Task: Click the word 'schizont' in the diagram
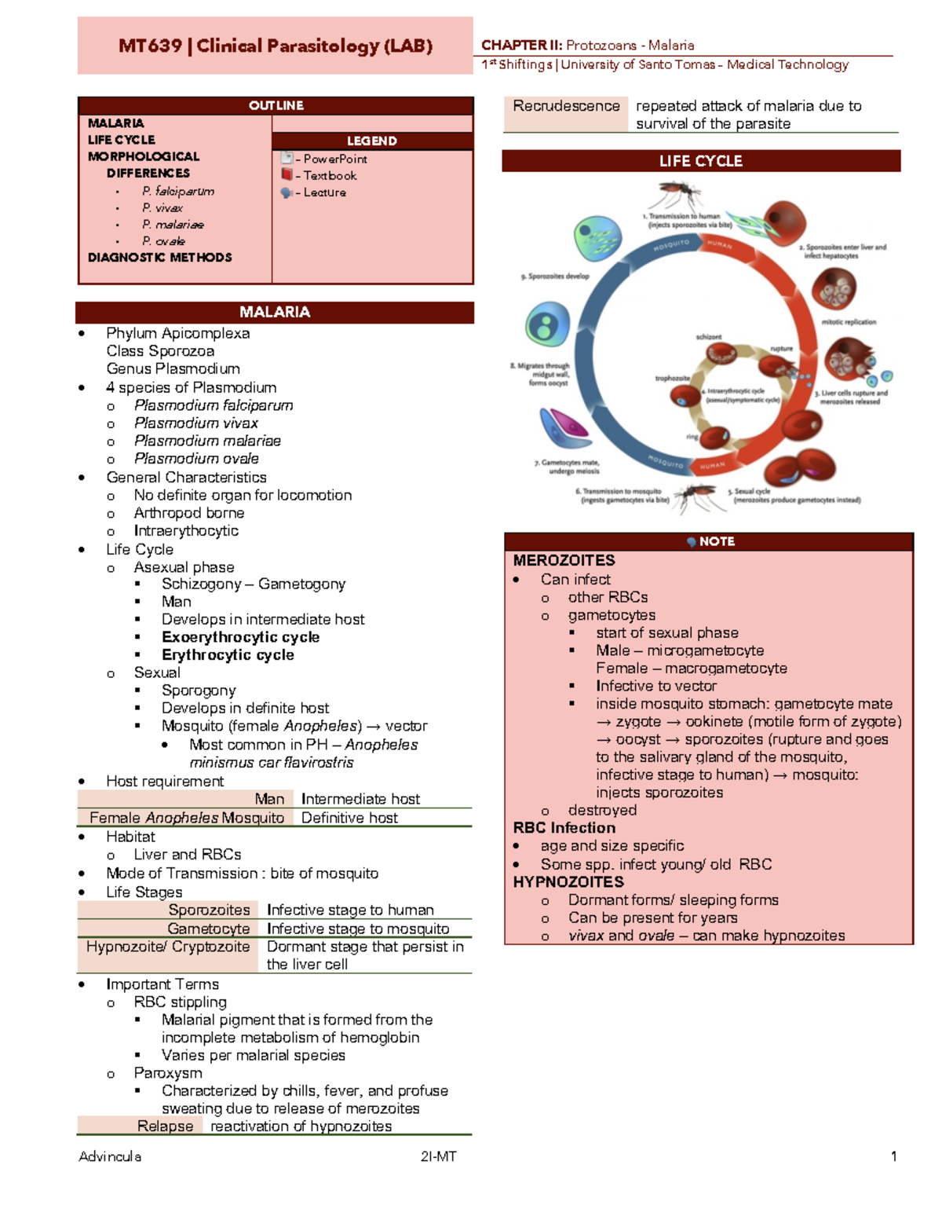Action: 708,337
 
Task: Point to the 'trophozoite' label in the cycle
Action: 672,378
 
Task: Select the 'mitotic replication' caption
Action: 849,322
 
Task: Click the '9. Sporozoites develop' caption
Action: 554,277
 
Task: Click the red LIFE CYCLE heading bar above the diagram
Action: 700,161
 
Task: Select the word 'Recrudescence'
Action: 566,106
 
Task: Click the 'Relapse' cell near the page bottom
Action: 165,1126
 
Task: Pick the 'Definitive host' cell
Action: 349,818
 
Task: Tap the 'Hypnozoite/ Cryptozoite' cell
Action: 168,947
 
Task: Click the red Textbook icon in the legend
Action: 287,175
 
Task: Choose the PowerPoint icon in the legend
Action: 287,158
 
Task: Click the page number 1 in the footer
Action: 893,1156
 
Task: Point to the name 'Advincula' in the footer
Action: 110,1156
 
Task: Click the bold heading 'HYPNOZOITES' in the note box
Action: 568,882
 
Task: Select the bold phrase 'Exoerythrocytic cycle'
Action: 240,637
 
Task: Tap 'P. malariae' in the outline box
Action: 173,225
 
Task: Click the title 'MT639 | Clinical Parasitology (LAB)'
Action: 276,46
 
